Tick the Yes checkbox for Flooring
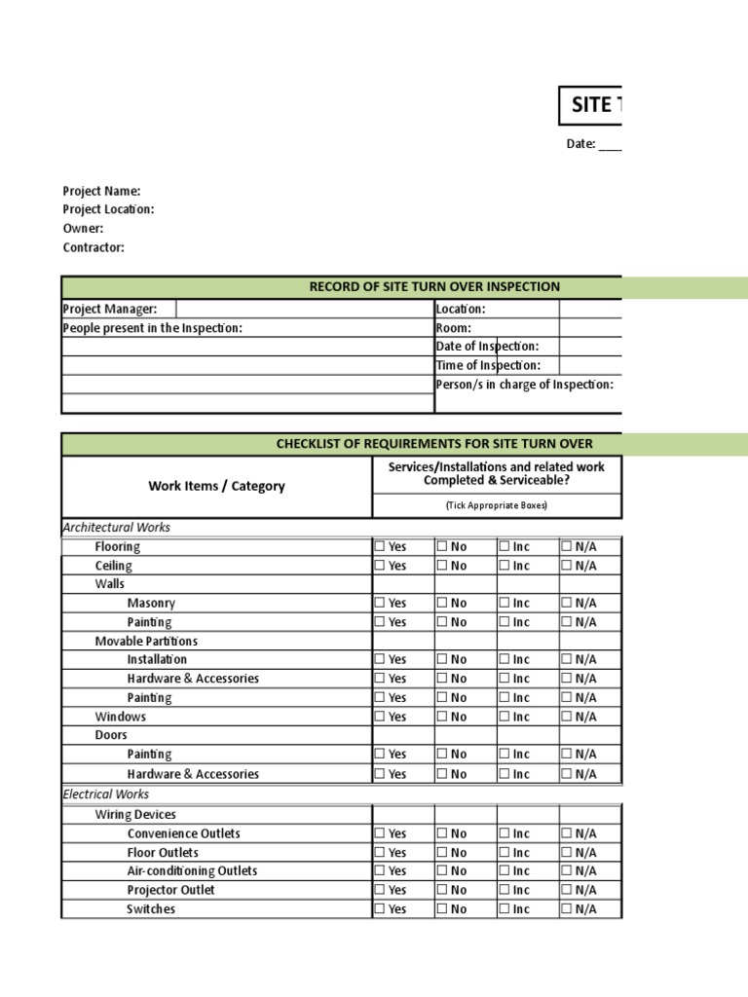tap(381, 546)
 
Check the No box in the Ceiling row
tap(442, 566)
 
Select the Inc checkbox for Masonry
tap(505, 603)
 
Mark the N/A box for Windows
tap(567, 717)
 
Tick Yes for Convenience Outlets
tap(381, 833)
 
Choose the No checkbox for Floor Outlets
tap(442, 852)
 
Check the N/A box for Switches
tap(567, 909)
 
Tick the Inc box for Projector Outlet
tap(505, 890)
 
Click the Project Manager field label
tap(110, 309)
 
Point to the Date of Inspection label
tap(487, 347)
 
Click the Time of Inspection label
tap(487, 365)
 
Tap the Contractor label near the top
tap(93, 247)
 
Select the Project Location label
tap(108, 209)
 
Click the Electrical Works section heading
tap(106, 794)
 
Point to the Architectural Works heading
tap(116, 527)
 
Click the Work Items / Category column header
tap(216, 486)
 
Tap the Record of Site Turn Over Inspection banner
tap(434, 286)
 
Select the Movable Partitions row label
tap(146, 641)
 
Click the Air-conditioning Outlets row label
tap(192, 870)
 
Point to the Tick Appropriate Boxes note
tap(496, 505)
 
